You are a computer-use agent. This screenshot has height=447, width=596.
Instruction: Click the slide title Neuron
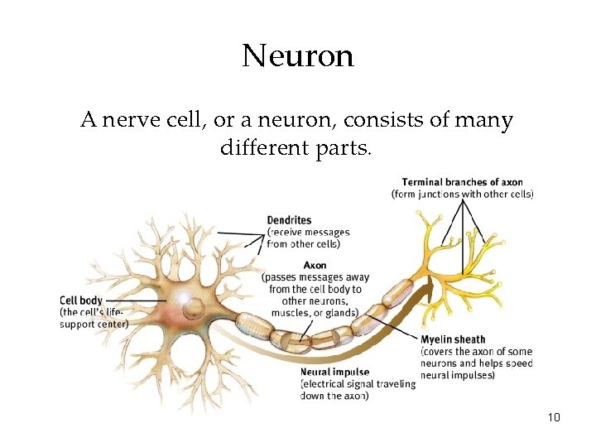tap(298, 56)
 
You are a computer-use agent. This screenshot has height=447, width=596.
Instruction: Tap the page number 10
tap(554, 417)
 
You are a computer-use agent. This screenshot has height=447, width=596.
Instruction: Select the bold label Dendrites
tap(289, 220)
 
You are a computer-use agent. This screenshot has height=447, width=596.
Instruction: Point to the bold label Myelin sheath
tap(453, 339)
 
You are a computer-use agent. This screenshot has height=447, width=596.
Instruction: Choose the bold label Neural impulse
tap(335, 372)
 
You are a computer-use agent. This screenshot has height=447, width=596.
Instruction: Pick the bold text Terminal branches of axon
tap(462, 182)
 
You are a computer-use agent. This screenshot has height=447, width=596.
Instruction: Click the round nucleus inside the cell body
tap(193, 309)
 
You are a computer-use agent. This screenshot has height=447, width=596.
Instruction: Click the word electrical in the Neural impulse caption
tap(329, 384)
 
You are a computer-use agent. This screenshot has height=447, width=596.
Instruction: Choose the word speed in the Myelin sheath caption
tap(517, 363)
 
